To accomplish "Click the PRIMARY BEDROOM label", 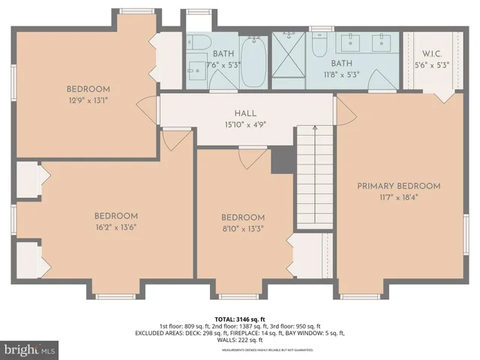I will point(398,186).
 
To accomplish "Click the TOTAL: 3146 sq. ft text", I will point(240,318).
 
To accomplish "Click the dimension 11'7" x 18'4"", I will point(398,198).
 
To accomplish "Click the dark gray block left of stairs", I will point(281,159).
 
